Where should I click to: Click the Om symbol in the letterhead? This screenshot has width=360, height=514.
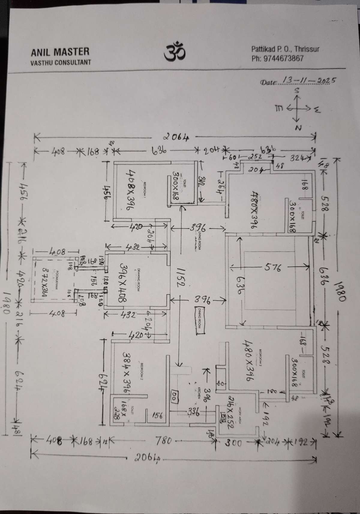pos(175,52)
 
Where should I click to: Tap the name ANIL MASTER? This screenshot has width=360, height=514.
pos(60,52)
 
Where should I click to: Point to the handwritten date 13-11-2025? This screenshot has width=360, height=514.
pos(308,81)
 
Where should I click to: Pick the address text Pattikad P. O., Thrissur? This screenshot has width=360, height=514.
pos(285,49)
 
